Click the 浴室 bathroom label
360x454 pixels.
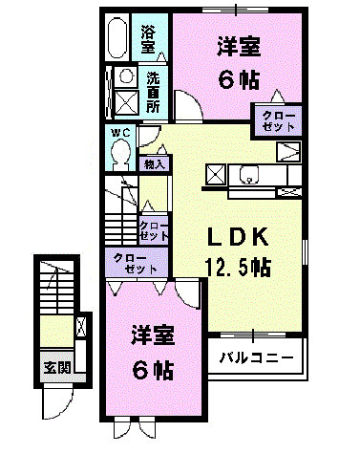pos(148,38)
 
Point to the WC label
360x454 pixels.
pos(118,132)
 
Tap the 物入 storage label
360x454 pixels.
pos(154,164)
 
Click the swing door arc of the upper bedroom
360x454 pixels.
pos(190,109)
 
